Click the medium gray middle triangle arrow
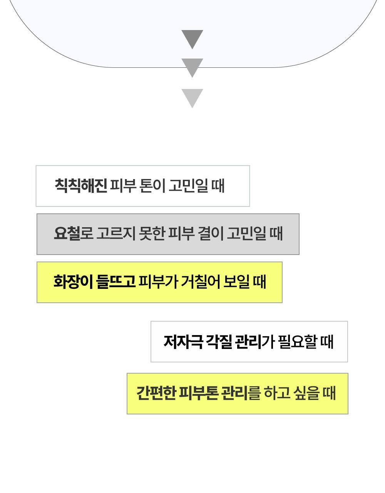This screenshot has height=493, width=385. point(192,67)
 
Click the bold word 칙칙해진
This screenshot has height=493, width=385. point(80,186)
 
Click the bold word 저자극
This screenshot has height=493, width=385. point(183,342)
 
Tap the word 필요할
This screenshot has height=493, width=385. point(296,342)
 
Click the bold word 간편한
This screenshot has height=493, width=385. point(156,393)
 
